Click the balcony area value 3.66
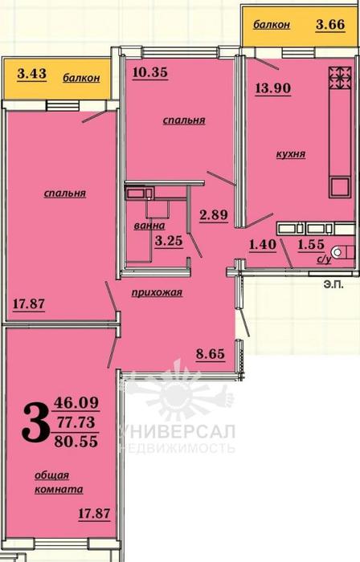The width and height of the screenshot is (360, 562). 330,24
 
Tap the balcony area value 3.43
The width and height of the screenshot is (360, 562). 32,74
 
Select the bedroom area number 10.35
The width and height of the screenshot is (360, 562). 150,72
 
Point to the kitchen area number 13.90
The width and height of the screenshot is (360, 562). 273,88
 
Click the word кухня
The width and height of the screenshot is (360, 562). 291,154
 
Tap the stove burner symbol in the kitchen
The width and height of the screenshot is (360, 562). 339,77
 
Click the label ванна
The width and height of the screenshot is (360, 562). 149,226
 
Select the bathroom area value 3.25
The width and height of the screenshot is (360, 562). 169,241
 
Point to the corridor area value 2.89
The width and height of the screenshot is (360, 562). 214,215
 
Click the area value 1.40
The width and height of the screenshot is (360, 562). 263,245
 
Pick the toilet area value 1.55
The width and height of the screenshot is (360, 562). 311,244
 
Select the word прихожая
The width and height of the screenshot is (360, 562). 157,293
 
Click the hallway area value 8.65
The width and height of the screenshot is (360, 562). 211,354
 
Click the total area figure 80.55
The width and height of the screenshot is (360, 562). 76,442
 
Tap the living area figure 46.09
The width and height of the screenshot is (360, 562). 76,403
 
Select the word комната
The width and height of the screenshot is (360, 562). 59,490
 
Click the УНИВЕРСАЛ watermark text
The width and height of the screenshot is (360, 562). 177,431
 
